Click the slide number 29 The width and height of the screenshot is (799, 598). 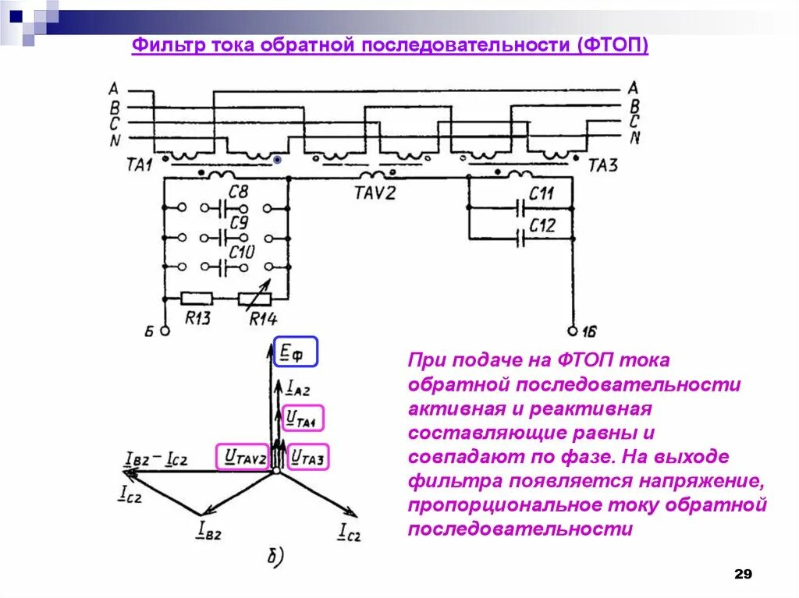click(743, 575)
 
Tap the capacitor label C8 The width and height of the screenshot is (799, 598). click(238, 191)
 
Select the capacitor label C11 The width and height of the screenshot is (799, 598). click(542, 193)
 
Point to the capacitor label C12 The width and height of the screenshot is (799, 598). click(542, 225)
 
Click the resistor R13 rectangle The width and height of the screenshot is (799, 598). click(197, 298)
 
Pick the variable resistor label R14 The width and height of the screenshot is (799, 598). click(263, 318)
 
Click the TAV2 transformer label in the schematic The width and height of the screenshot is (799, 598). click(375, 192)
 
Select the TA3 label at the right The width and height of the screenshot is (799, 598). click(603, 165)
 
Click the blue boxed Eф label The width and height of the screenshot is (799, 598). click(295, 352)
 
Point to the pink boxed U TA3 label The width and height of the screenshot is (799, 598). click(310, 456)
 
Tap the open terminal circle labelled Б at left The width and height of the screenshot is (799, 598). click(165, 330)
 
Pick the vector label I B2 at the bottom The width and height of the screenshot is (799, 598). click(209, 532)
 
